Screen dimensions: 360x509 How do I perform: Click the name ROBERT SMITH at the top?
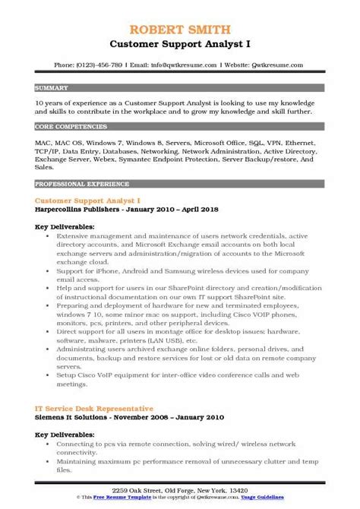pyautogui.click(x=179, y=10)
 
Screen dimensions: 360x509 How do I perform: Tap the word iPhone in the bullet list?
pyautogui.click(x=96, y=273)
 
